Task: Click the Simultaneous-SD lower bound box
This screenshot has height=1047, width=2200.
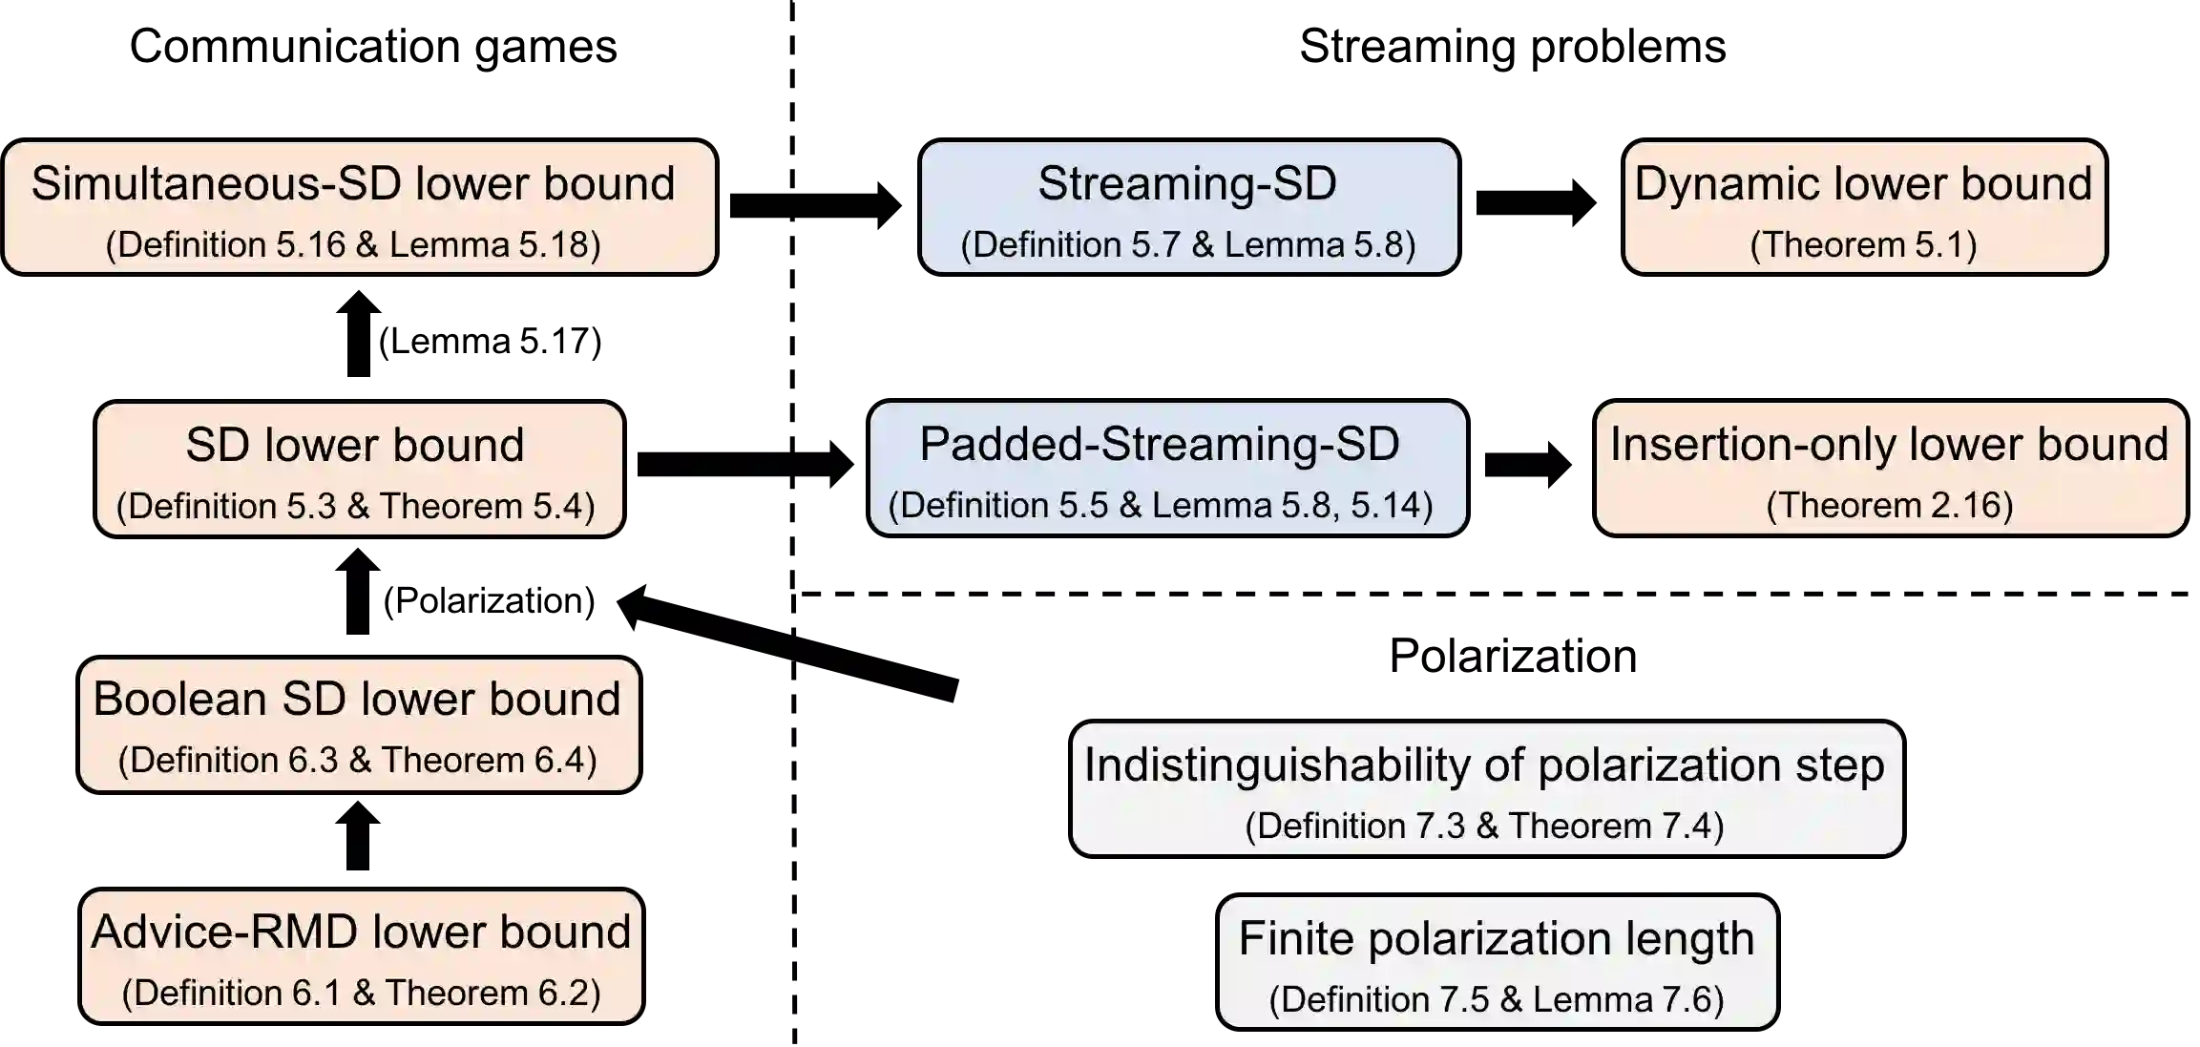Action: point(359,207)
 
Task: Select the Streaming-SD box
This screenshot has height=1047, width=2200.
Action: point(1188,207)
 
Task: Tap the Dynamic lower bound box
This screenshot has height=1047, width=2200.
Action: point(1864,207)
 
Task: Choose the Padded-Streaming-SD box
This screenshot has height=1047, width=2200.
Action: point(1167,468)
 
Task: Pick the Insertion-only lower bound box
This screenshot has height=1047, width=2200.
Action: point(1890,468)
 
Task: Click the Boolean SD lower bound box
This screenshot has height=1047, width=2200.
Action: point(359,724)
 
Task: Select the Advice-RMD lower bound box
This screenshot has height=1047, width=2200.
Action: point(361,956)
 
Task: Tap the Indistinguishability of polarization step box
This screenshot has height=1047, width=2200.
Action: point(1486,788)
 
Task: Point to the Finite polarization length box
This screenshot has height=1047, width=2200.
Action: point(1497,962)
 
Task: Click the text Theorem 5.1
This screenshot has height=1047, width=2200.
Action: point(1863,245)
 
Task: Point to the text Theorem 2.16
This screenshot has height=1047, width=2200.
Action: point(1890,506)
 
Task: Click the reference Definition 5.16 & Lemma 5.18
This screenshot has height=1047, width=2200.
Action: point(353,245)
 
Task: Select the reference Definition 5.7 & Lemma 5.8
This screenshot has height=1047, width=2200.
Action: point(1188,245)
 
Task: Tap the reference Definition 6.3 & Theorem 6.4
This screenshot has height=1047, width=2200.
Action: point(358,761)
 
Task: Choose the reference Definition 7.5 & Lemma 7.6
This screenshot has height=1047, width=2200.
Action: point(1497,1000)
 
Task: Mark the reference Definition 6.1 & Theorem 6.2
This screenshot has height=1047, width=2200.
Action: point(361,994)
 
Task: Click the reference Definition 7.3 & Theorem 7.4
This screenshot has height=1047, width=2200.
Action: point(1485,827)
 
